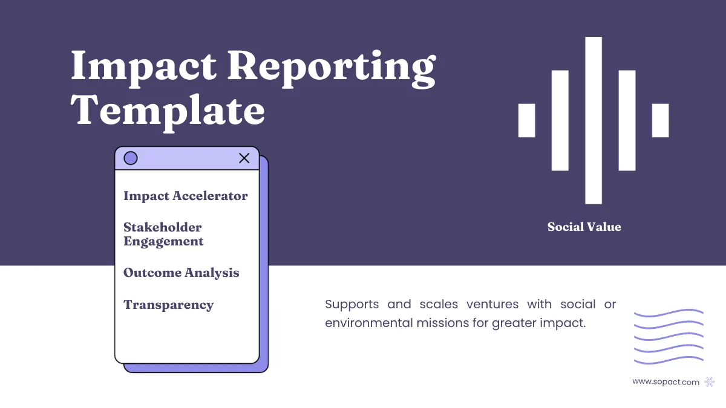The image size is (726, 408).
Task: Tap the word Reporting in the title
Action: click(331, 68)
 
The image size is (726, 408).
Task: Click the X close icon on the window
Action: click(244, 158)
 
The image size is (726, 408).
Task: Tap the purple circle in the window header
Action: click(131, 158)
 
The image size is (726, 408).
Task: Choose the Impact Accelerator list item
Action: click(186, 196)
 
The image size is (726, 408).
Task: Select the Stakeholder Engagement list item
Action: click(163, 235)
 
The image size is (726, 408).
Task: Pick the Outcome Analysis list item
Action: click(181, 273)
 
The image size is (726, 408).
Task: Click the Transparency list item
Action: click(169, 305)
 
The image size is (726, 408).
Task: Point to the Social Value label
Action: click(584, 227)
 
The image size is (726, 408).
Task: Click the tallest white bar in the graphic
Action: click(594, 120)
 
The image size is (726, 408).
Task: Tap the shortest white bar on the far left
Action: click(527, 120)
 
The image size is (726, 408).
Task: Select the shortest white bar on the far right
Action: click(660, 120)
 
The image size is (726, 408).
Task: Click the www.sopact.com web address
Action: click(665, 381)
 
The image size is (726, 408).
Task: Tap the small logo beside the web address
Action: click(710, 381)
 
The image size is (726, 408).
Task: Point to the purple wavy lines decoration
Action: click(669, 337)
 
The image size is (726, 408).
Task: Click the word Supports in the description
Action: click(352, 304)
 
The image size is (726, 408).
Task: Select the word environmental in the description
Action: click(368, 323)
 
